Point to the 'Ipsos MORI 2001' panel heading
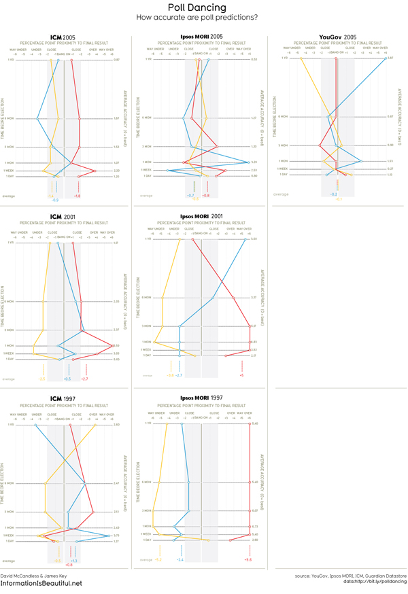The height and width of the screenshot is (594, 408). pyautogui.click(x=202, y=216)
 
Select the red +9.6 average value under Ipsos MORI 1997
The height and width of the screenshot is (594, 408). pyautogui.click(x=248, y=559)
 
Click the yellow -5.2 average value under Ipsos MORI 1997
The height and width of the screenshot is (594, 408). pyautogui.click(x=158, y=559)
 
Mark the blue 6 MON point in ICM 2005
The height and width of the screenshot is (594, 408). pyautogui.click(x=37, y=119)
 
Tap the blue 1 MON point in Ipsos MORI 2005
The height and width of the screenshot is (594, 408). pyautogui.click(x=248, y=162)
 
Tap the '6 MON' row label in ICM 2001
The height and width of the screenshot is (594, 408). pyautogui.click(x=10, y=301)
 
